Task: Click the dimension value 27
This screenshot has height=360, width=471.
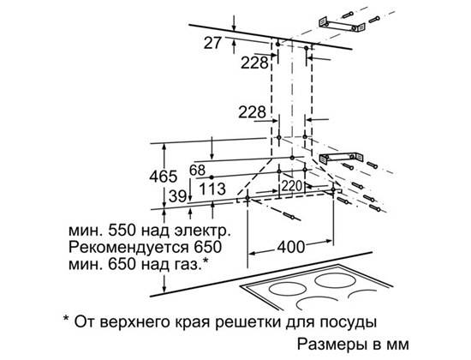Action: tap(212, 43)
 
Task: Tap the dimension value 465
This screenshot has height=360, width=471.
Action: tap(164, 177)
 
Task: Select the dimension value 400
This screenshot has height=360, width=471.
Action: tap(291, 247)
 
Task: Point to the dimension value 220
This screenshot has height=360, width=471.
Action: tap(291, 185)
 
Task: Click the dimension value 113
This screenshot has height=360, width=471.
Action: tap(212, 189)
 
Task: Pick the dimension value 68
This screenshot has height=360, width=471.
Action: tap(197, 171)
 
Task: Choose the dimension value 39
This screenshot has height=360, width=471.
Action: tap(177, 196)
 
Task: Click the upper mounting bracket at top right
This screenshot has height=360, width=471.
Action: tap(342, 25)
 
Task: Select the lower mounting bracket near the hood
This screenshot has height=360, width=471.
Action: tap(341, 158)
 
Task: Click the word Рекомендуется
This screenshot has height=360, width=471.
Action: tap(129, 248)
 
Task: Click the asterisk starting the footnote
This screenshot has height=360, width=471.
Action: tap(66, 318)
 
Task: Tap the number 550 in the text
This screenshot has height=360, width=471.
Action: tap(122, 231)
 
